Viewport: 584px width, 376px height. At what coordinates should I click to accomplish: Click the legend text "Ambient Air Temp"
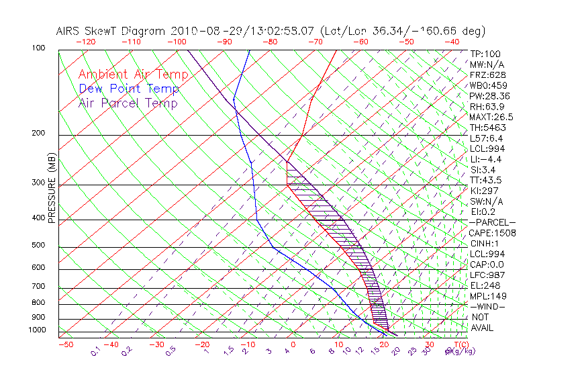pyautogui.click(x=134, y=75)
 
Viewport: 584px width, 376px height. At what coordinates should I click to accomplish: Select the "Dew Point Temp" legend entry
pyautogui.click(x=129, y=89)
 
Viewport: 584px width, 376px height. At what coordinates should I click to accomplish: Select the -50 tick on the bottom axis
pyautogui.click(x=65, y=345)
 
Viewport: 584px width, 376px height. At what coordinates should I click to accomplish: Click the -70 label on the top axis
pyautogui.click(x=315, y=42)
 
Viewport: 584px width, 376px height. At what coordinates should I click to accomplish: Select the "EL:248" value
pyautogui.click(x=485, y=285)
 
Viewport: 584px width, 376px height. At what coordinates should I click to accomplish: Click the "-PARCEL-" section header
pyautogui.click(x=492, y=222)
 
